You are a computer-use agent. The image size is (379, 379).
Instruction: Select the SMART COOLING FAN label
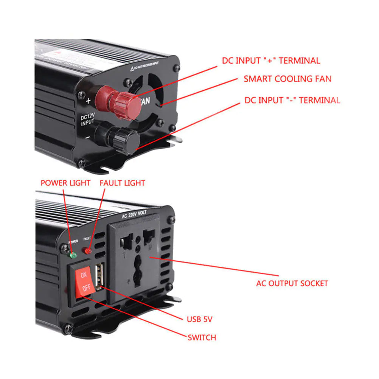click(287, 79)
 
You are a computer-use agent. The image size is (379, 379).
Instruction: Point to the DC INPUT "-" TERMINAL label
click(292, 100)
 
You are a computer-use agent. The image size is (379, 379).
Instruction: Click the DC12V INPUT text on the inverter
click(88, 120)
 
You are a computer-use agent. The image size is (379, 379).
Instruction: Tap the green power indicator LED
click(73, 254)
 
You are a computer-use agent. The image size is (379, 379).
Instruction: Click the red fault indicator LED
click(88, 250)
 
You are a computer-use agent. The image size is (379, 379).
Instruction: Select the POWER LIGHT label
click(65, 183)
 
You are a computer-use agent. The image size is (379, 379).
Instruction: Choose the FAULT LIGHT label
click(122, 183)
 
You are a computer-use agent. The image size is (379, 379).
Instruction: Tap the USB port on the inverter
click(99, 276)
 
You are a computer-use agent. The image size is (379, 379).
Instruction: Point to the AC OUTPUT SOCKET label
click(292, 283)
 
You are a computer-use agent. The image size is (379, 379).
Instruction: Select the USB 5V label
click(200, 319)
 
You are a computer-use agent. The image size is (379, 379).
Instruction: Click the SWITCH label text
click(202, 337)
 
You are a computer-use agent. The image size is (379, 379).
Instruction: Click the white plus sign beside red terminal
click(89, 101)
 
